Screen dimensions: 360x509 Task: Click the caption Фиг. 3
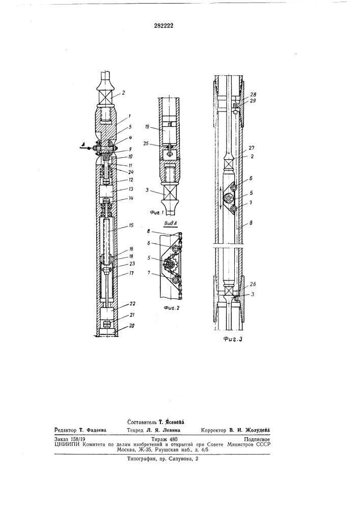[x=233, y=340]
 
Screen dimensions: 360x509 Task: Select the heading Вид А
[x=170, y=223]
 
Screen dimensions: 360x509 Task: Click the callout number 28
[x=253, y=94]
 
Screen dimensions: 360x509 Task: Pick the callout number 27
[x=253, y=148]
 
